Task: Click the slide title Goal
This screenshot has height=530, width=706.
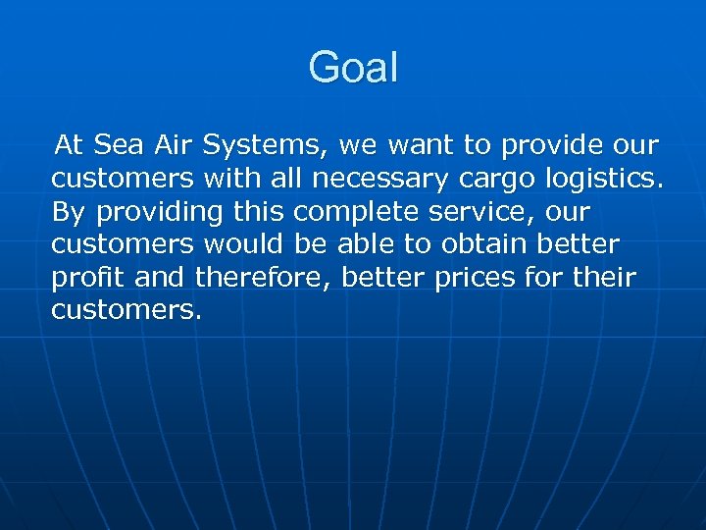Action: coord(353,69)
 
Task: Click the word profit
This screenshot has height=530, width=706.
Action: coord(89,279)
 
